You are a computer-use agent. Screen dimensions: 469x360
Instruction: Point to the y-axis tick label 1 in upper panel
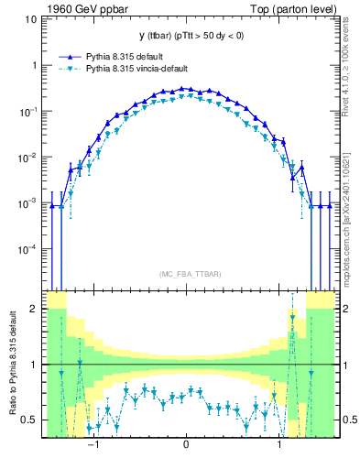[34, 66]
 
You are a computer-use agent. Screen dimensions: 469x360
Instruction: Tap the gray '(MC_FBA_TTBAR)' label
[186, 273]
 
